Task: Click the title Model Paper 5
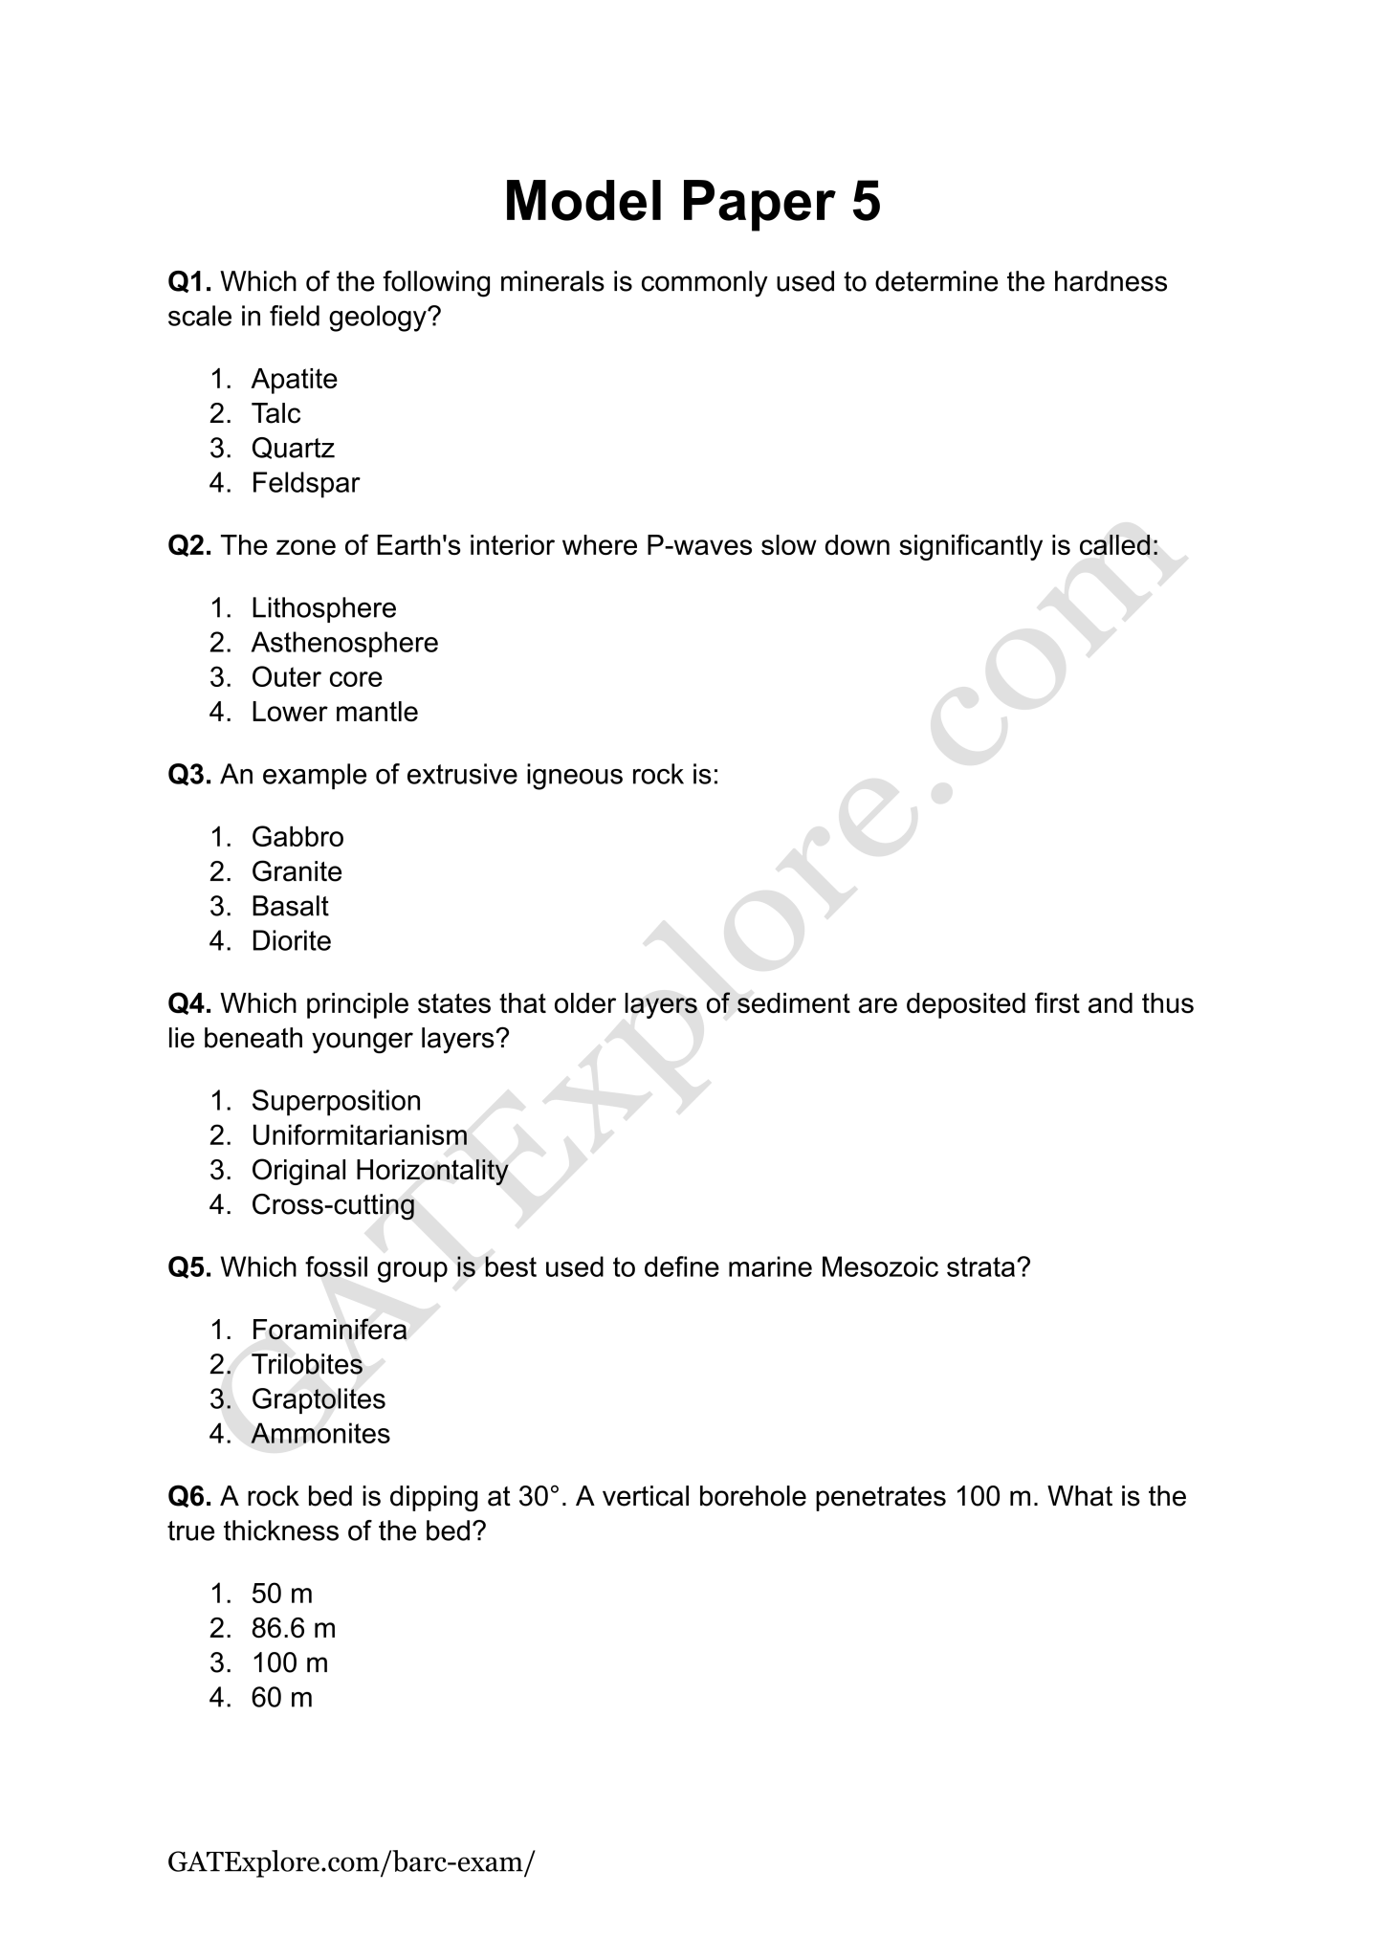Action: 692,202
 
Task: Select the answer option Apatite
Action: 294,379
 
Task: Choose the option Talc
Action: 275,413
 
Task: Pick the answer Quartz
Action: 293,448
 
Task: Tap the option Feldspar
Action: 305,483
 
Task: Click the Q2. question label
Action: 189,545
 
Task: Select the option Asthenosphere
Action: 344,643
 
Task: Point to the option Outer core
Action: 317,677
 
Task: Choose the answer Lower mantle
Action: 335,712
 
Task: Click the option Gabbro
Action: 297,837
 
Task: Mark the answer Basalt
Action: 290,906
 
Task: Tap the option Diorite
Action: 291,941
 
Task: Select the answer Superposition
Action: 336,1101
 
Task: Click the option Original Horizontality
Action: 379,1170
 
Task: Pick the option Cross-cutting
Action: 333,1204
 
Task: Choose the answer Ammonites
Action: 320,1434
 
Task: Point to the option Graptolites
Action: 318,1399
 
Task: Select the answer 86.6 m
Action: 294,1628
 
